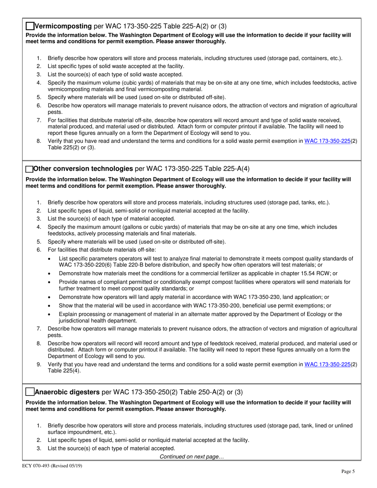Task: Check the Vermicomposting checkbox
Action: (30, 26)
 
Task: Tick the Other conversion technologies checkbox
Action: (29, 169)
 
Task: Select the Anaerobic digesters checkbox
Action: (30, 392)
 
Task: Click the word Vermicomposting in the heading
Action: (63, 27)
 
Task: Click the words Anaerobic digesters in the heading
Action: (67, 392)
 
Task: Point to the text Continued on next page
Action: (192, 457)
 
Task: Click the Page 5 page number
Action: (348, 471)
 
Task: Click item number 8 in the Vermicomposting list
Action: (39, 140)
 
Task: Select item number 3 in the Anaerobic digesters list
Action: (39, 448)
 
